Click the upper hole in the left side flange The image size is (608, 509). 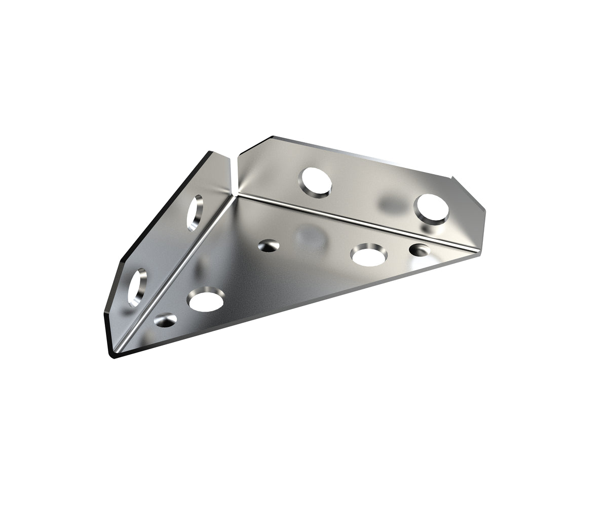pyautogui.click(x=195, y=213)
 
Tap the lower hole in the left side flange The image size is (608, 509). pyautogui.click(x=137, y=287)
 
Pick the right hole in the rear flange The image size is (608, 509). pyautogui.click(x=432, y=208)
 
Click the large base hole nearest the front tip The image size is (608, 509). pyautogui.click(x=206, y=300)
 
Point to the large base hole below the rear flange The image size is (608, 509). pyautogui.click(x=369, y=255)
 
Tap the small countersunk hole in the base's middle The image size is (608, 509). pyautogui.click(x=269, y=246)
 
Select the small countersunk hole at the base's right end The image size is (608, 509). pyautogui.click(x=419, y=249)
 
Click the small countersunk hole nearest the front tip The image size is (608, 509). pyautogui.click(x=165, y=320)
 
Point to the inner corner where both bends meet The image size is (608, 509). pyautogui.click(x=236, y=195)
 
